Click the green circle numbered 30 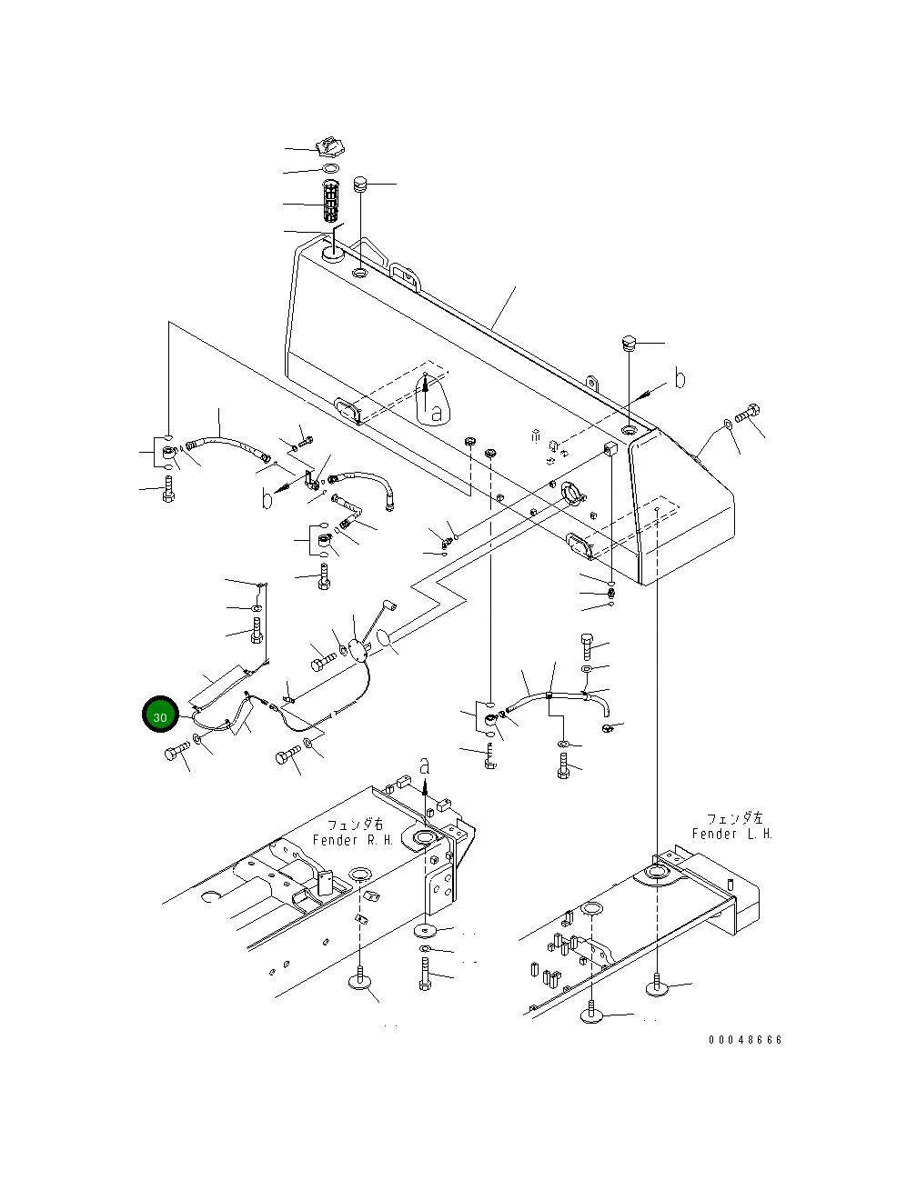click(x=160, y=716)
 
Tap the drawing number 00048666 click(x=745, y=1040)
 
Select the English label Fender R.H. click(x=353, y=840)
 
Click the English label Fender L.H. click(x=731, y=834)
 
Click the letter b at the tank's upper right click(x=680, y=379)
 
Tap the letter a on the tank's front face click(x=436, y=412)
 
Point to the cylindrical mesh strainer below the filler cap click(x=331, y=203)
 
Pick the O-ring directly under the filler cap click(x=330, y=169)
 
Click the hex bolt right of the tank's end click(x=749, y=415)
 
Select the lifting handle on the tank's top click(x=404, y=274)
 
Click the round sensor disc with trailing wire click(x=358, y=649)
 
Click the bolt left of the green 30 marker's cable click(x=177, y=752)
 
